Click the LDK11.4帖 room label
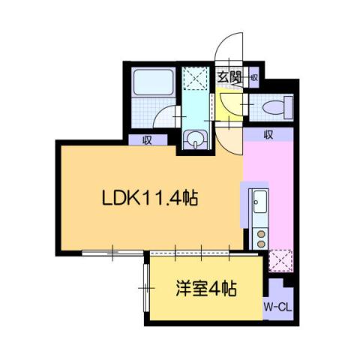(150, 199)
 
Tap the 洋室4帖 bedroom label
(206, 289)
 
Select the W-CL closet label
(277, 307)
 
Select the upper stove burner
(260, 233)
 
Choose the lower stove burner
(260, 244)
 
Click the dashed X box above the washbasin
(197, 78)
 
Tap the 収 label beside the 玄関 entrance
(254, 76)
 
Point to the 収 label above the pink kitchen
(268, 135)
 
